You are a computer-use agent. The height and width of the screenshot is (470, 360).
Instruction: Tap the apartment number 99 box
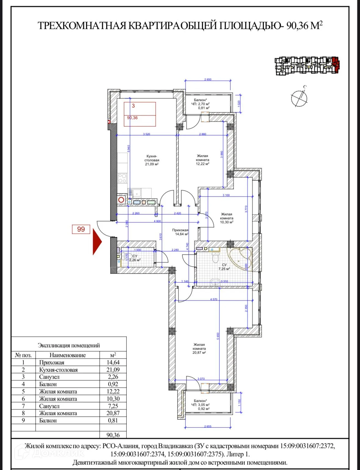pos(81,229)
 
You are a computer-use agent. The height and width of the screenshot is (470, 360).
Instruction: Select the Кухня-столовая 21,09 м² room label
pos(152,160)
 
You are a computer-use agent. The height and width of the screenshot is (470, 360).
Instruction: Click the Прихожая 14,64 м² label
pos(180,232)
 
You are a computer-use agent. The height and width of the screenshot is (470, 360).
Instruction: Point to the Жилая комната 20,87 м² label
pos(199,348)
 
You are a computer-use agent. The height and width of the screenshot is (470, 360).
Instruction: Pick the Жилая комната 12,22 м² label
pos(202,160)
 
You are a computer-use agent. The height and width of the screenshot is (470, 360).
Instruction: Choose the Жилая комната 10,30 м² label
pos(227,218)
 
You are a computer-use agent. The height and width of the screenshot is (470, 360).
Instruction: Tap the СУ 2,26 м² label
pos(135,258)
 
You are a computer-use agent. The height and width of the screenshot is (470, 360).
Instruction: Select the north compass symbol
pos(299,97)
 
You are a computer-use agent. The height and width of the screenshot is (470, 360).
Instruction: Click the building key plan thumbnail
pos(307,65)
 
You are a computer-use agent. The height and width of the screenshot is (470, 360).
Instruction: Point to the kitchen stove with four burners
pos(122,178)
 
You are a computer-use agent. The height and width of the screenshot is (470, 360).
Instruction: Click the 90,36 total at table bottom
pos(113,435)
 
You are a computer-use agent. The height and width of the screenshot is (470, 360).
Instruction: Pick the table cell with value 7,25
pos(113,406)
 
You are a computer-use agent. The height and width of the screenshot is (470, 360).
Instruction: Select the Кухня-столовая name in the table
pos(58,370)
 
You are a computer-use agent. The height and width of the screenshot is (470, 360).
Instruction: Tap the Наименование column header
pos(67,355)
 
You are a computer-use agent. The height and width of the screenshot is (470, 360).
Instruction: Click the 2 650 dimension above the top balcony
pos(208,79)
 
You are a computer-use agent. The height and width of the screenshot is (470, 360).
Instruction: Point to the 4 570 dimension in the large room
pos(214,299)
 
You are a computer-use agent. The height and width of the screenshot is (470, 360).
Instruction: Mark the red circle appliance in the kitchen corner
pos(121,200)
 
